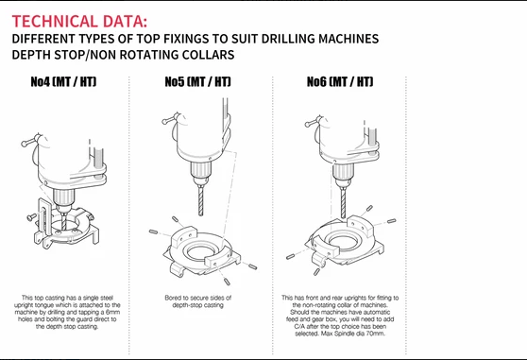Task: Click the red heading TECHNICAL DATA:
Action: point(79,21)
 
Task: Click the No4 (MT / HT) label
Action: point(63,81)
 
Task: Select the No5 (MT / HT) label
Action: point(197,81)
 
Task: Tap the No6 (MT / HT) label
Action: point(340,81)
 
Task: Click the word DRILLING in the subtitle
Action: point(288,39)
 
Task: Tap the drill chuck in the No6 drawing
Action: point(343,173)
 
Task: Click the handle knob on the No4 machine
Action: point(25,144)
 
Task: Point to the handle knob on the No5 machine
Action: point(164,121)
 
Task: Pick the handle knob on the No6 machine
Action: point(308,124)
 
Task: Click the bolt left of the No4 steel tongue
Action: point(32,217)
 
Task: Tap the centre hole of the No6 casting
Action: point(343,241)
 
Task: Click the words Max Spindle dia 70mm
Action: point(353,334)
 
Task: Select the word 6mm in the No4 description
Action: point(113,312)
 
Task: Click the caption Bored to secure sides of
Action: point(198,298)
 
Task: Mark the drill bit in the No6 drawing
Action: point(343,202)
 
